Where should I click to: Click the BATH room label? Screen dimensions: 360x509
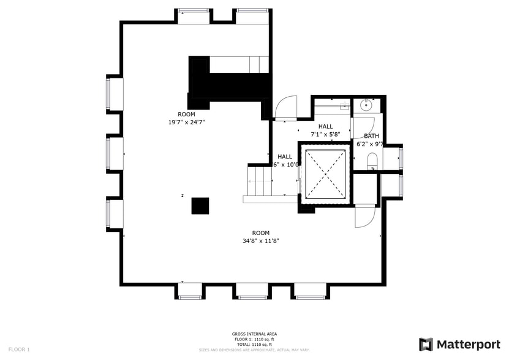371,136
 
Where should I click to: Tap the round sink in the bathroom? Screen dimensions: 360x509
366,105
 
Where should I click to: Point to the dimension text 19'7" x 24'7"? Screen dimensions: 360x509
186,122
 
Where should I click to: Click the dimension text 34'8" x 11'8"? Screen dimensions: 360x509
261,241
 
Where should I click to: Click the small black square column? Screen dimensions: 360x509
200,206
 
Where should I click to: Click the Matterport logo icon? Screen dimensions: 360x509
426,344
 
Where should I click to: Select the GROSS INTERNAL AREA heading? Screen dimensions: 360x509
254,334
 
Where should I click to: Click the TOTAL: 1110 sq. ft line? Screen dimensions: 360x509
254,344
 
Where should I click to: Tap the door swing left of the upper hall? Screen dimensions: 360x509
285,108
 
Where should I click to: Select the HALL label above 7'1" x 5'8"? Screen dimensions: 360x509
325,126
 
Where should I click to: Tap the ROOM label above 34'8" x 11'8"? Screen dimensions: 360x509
261,233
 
